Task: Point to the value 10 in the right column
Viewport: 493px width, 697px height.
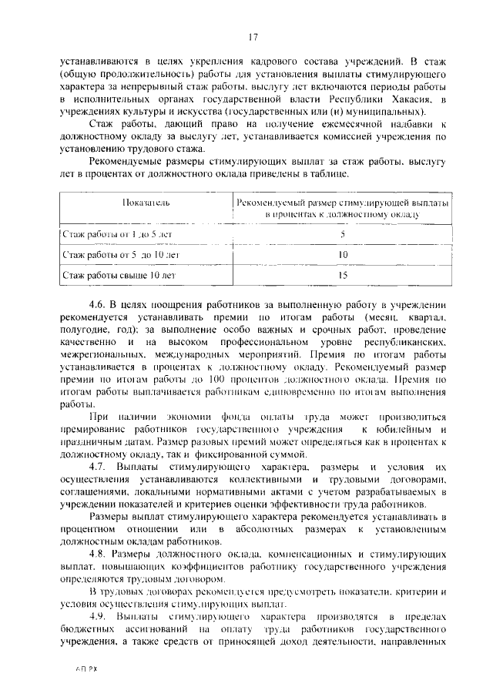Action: pos(343,253)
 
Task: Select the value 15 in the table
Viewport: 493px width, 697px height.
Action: pos(343,273)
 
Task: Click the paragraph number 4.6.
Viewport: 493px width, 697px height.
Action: pos(99,306)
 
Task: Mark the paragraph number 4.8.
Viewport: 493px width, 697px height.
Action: pos(99,555)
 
